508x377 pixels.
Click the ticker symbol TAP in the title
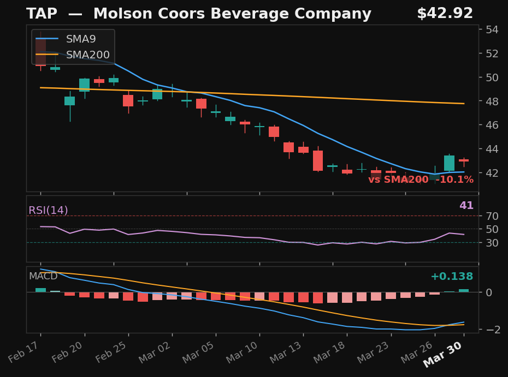pos(42,14)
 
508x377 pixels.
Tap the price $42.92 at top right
pos(445,14)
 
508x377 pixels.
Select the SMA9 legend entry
pos(80,39)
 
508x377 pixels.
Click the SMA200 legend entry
pos(87,55)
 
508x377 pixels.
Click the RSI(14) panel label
pos(48,211)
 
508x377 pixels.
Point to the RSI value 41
pos(466,206)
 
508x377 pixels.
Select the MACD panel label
pos(43,277)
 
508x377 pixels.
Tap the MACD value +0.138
pos(451,277)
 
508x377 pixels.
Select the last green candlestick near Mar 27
pos(449,163)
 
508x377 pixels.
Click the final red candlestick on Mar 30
pos(464,160)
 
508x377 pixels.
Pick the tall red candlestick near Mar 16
pos(318,160)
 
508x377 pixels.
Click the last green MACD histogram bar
pos(464,291)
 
